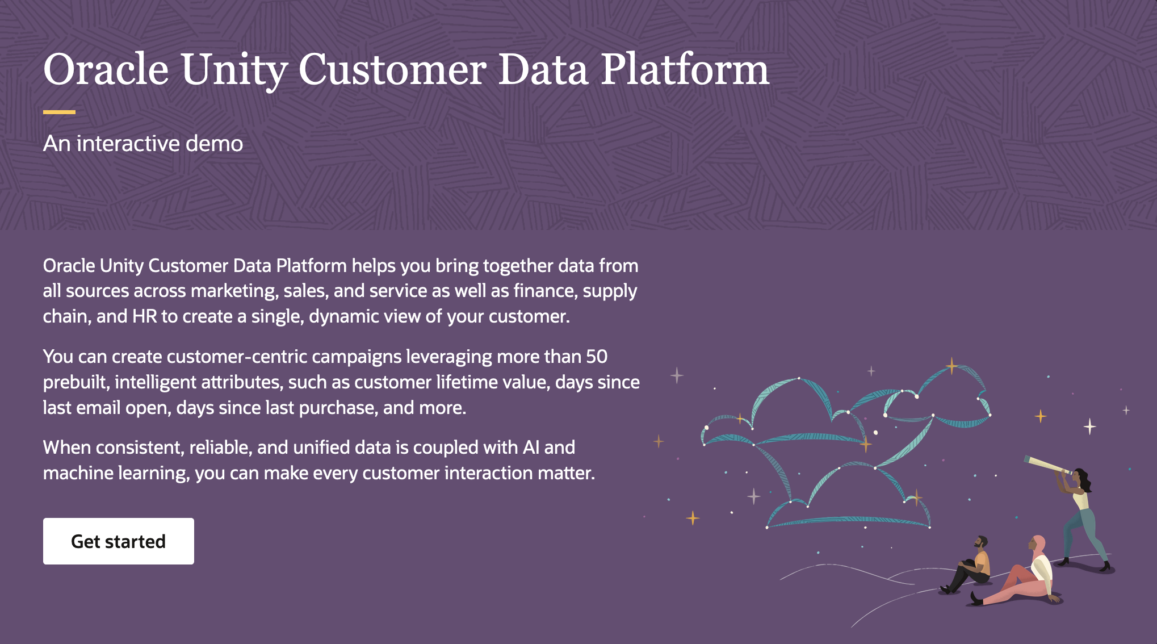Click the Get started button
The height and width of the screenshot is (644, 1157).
point(118,541)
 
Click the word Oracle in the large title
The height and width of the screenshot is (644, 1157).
point(106,70)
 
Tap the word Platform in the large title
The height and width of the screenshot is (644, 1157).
point(685,70)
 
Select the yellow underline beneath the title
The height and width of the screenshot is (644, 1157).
point(59,112)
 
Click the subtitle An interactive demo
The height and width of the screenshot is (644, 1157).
point(143,144)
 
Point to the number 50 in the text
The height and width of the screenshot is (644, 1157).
point(597,357)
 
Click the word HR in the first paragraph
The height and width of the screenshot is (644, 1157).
point(144,316)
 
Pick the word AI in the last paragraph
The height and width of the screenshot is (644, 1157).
point(531,448)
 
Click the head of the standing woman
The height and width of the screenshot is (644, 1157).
point(1080,478)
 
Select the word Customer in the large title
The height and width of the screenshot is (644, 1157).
point(392,70)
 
